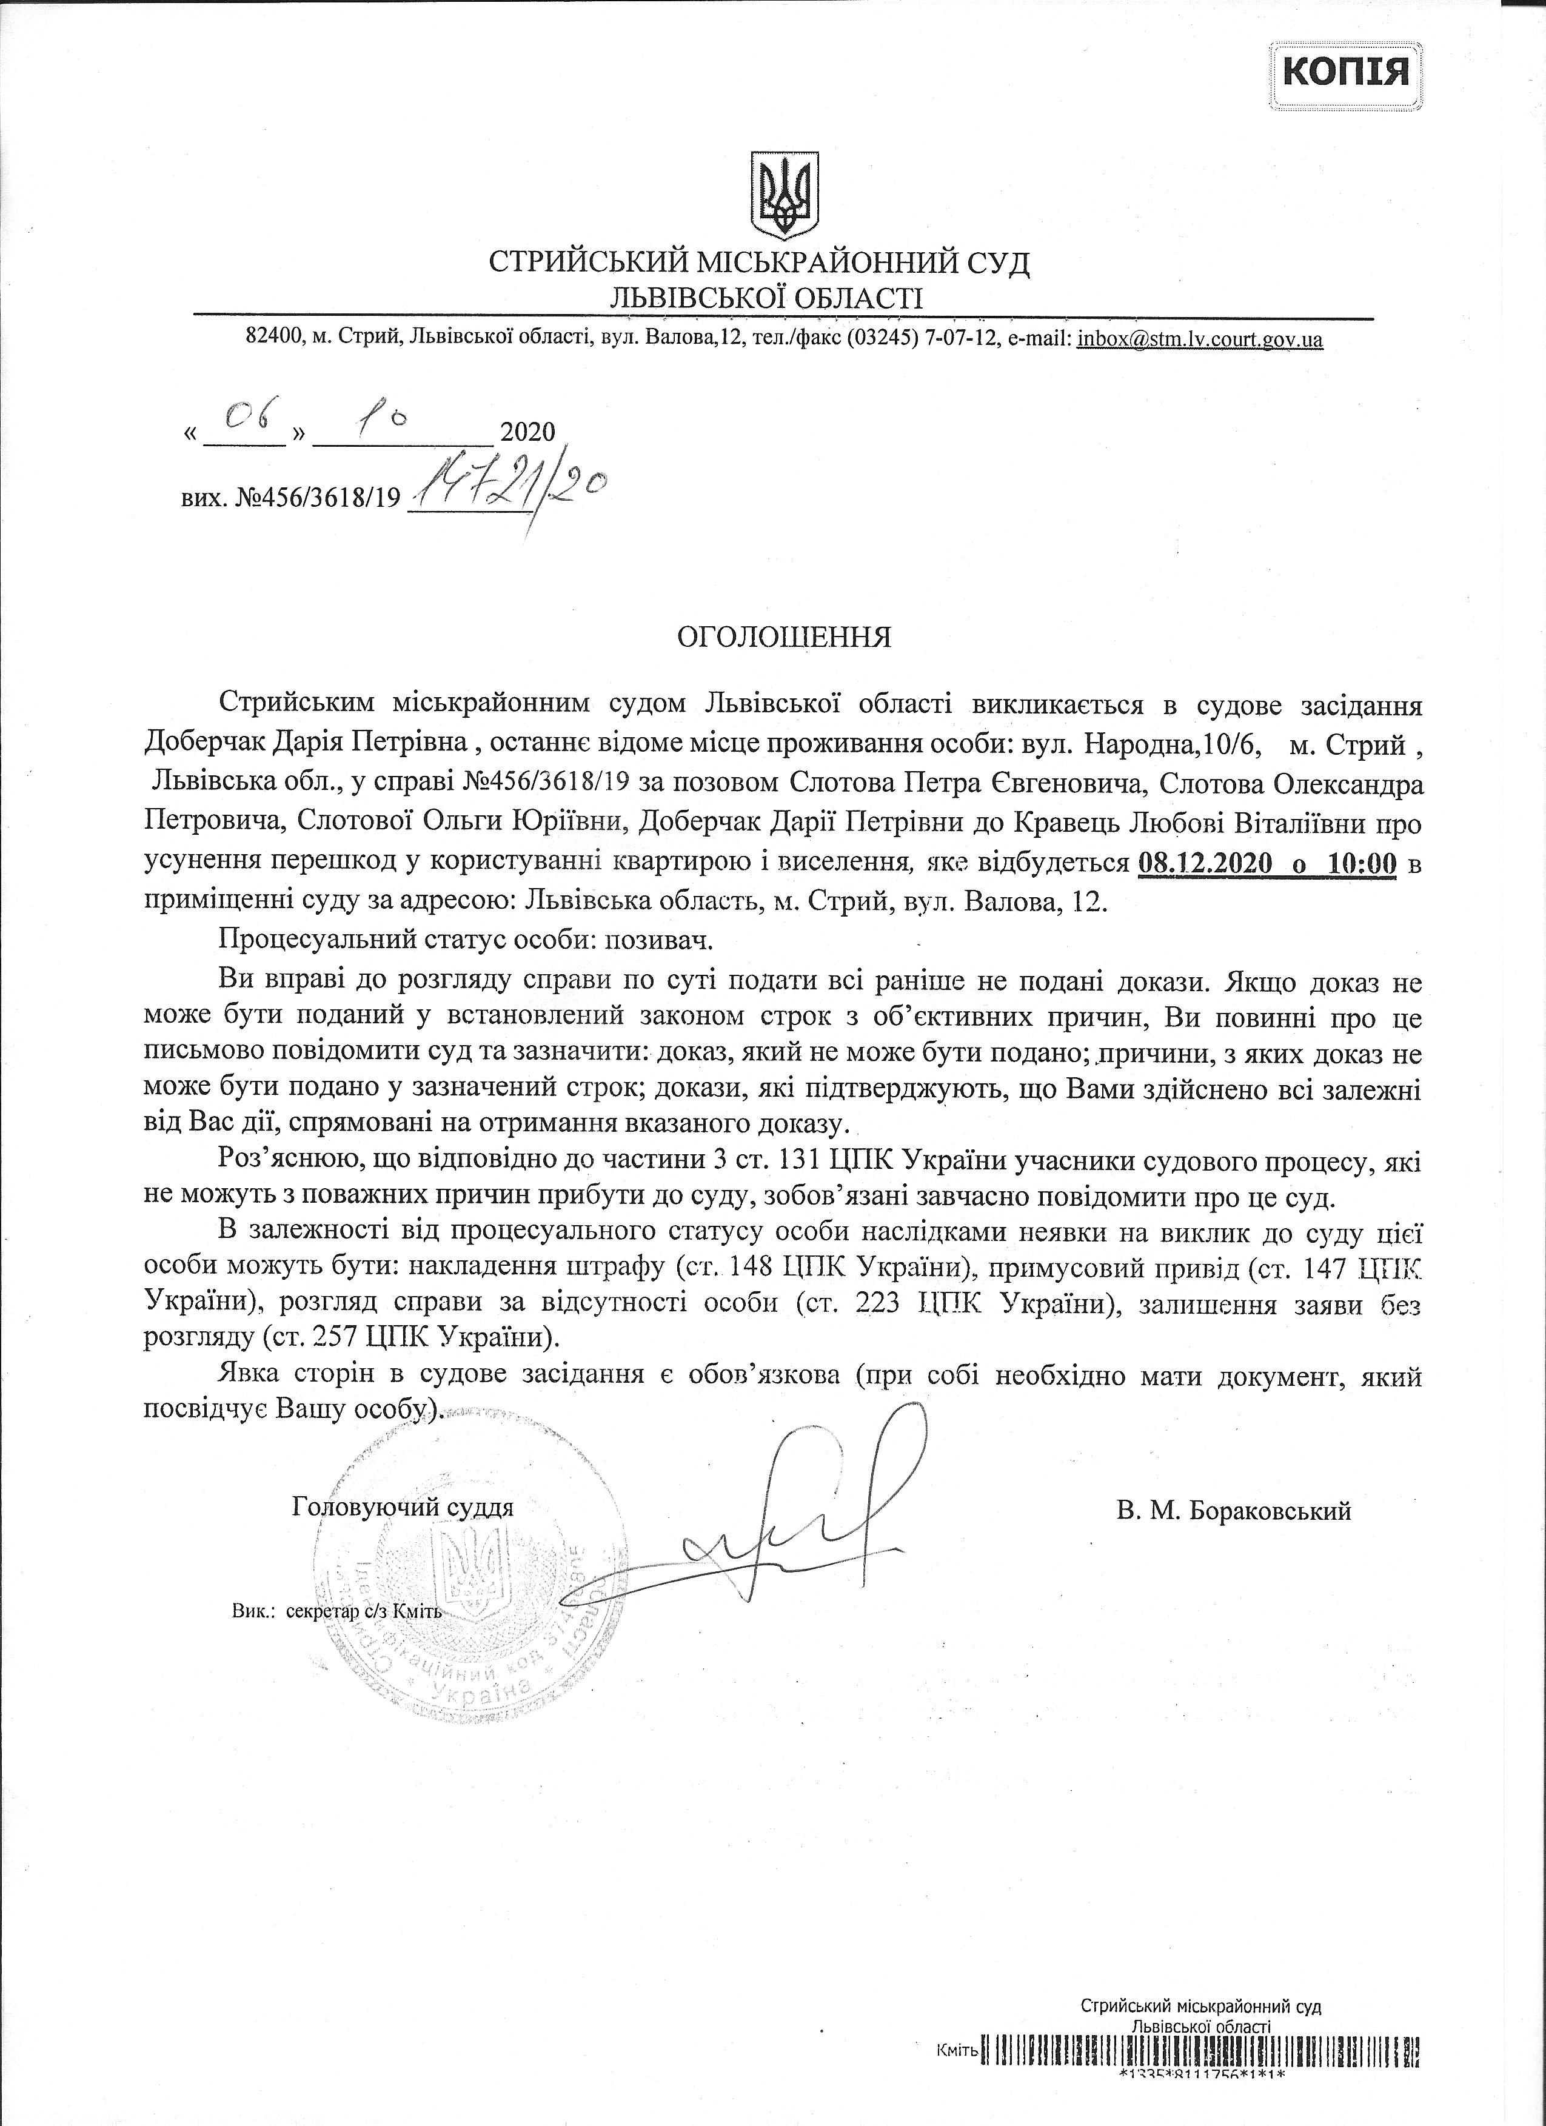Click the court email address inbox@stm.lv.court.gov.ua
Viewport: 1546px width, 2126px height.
pyautogui.click(x=1200, y=339)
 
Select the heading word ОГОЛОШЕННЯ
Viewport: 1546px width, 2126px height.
pyautogui.click(x=784, y=637)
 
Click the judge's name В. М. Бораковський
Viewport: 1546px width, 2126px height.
pyautogui.click(x=1234, y=1510)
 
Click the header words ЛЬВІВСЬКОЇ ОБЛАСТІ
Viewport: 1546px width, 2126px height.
pyautogui.click(x=765, y=298)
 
